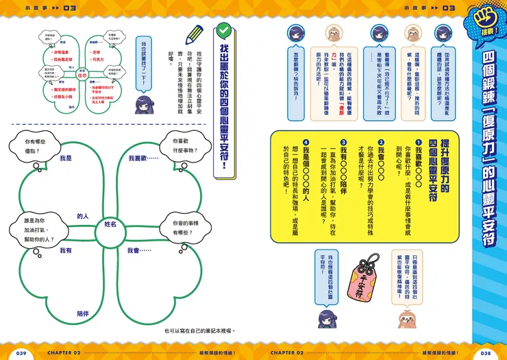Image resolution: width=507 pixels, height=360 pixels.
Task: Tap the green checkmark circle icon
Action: pos(223,30)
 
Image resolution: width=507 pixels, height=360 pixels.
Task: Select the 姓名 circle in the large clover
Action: pos(110,224)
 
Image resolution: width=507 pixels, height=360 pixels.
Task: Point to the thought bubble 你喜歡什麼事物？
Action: pos(176,146)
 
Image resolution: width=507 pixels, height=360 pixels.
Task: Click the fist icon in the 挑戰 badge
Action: pos(490,21)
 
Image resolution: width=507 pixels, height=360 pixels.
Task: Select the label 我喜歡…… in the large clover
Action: pos(143,158)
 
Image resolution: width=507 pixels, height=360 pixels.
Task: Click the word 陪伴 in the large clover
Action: pos(83,313)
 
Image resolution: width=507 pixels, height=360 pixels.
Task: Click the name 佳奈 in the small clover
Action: pos(82,76)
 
